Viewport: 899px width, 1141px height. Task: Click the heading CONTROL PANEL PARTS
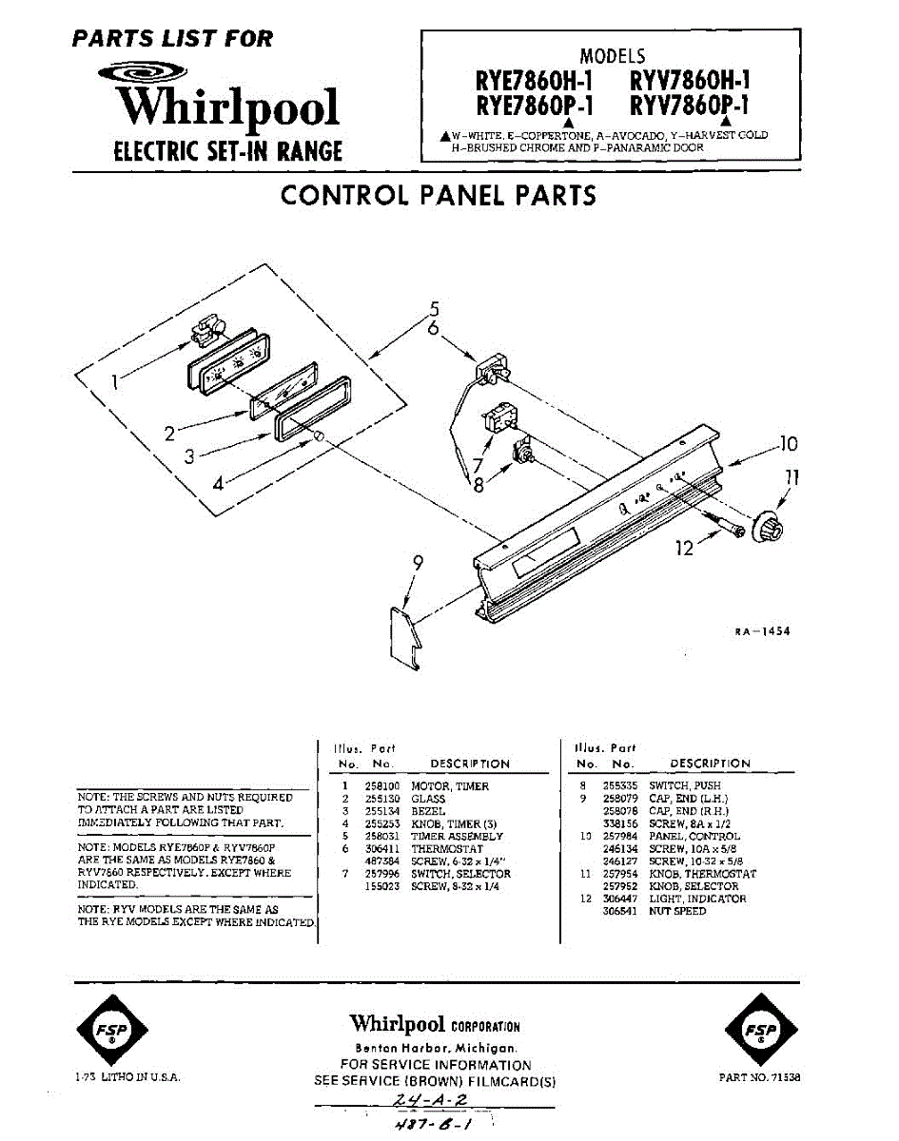439,195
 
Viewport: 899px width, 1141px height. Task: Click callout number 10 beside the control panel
788,444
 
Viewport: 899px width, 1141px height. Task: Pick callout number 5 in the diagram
434,309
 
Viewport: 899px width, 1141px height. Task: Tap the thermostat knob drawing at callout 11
767,527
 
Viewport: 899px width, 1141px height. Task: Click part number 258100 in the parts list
380,787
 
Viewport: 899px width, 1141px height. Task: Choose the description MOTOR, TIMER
450,787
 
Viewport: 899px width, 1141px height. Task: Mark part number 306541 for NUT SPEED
619,911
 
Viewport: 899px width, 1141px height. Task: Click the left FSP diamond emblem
112,1031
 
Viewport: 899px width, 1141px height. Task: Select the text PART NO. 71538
759,1078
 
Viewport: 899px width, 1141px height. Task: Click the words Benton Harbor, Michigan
436,1047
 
